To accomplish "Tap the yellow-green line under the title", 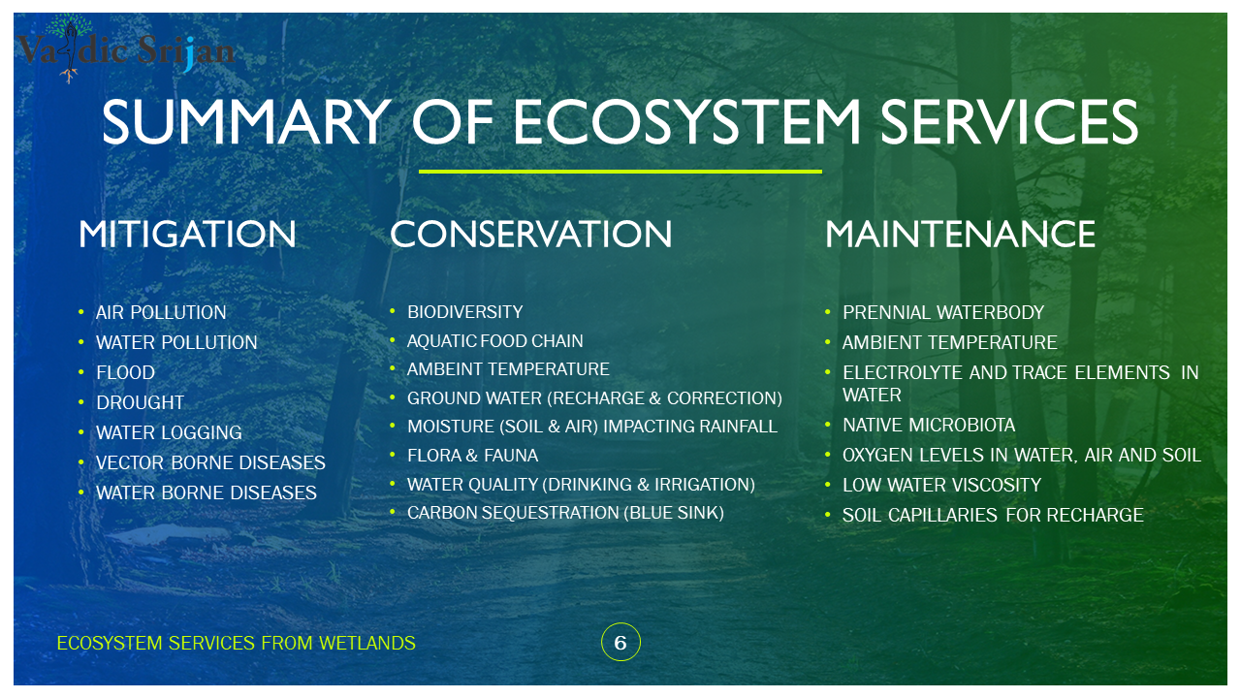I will tap(620, 172).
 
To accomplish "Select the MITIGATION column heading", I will tap(187, 235).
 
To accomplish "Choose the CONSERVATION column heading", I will tap(530, 235).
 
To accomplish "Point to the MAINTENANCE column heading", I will tap(960, 235).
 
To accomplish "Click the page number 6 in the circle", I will tap(620, 643).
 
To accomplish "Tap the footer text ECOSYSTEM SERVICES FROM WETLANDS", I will tap(236, 644).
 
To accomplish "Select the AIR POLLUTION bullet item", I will tap(161, 313).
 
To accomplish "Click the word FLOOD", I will tap(125, 373).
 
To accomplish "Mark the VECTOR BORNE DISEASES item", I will tap(210, 463).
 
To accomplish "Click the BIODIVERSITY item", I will tap(464, 312).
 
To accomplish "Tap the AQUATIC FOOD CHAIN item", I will tap(494, 341).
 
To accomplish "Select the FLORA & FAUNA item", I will tap(472, 456).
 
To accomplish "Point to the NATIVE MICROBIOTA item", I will tap(929, 426).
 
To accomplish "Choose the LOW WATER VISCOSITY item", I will tap(941, 486).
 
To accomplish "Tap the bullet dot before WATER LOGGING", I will tap(81, 432).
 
